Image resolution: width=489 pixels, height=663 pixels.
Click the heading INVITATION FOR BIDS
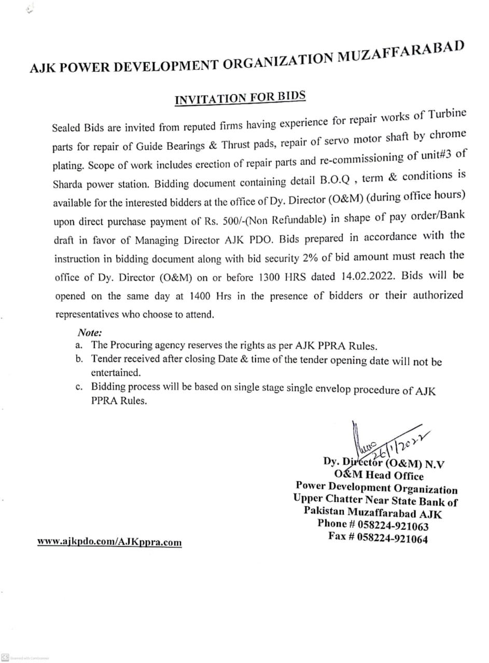(x=240, y=97)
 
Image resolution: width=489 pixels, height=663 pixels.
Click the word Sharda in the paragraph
(x=66, y=184)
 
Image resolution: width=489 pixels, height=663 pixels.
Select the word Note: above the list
(x=89, y=333)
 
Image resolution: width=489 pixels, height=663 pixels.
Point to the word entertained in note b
(x=115, y=372)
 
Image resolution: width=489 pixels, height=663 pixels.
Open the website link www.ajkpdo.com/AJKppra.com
(x=109, y=542)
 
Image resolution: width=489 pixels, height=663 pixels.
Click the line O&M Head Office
(x=379, y=475)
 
